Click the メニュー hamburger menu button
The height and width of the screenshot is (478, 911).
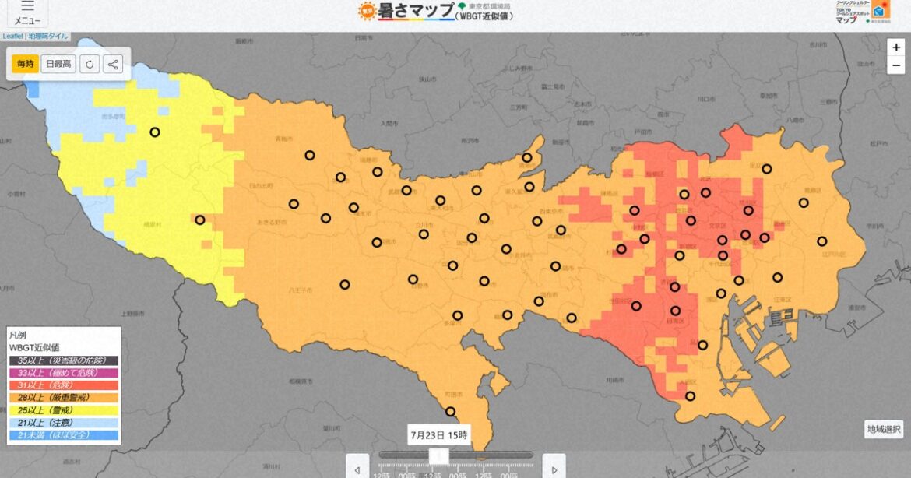[x=28, y=12]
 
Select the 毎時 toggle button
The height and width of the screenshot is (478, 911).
[x=25, y=64]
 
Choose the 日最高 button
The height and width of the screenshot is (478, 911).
[x=58, y=64]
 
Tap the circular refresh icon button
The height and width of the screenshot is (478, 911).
[x=90, y=64]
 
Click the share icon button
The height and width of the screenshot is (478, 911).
[x=113, y=64]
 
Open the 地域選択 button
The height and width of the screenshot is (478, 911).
[x=884, y=429]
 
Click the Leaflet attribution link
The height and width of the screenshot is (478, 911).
[x=12, y=37]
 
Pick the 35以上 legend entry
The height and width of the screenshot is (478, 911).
[x=64, y=360]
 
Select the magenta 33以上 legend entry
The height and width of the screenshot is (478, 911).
[x=64, y=373]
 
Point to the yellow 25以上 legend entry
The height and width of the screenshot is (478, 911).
[x=64, y=409]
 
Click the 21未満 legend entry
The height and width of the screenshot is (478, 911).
[x=64, y=434]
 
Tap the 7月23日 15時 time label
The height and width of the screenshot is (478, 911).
[x=440, y=435]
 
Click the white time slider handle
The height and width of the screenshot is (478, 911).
[x=439, y=455]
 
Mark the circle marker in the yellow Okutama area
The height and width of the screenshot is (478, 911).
[x=155, y=132]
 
